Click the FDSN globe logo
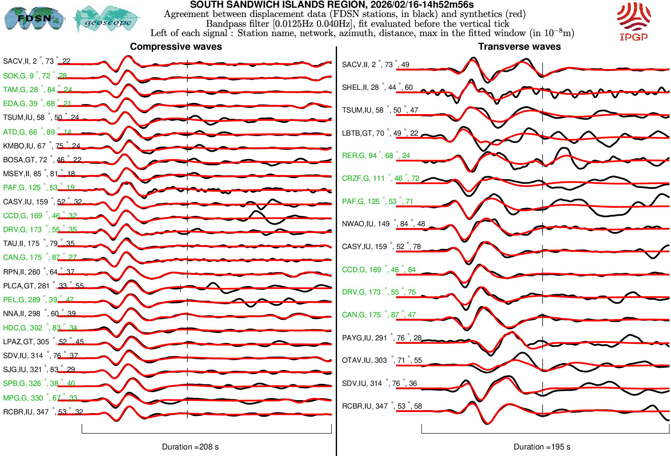34,19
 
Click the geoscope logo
107,19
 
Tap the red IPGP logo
634,21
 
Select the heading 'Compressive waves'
176,47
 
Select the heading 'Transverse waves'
519,47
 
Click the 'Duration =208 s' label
190,447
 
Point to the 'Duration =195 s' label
542,447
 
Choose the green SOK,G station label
35,76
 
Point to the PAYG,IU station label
382,338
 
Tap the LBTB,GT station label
380,133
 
